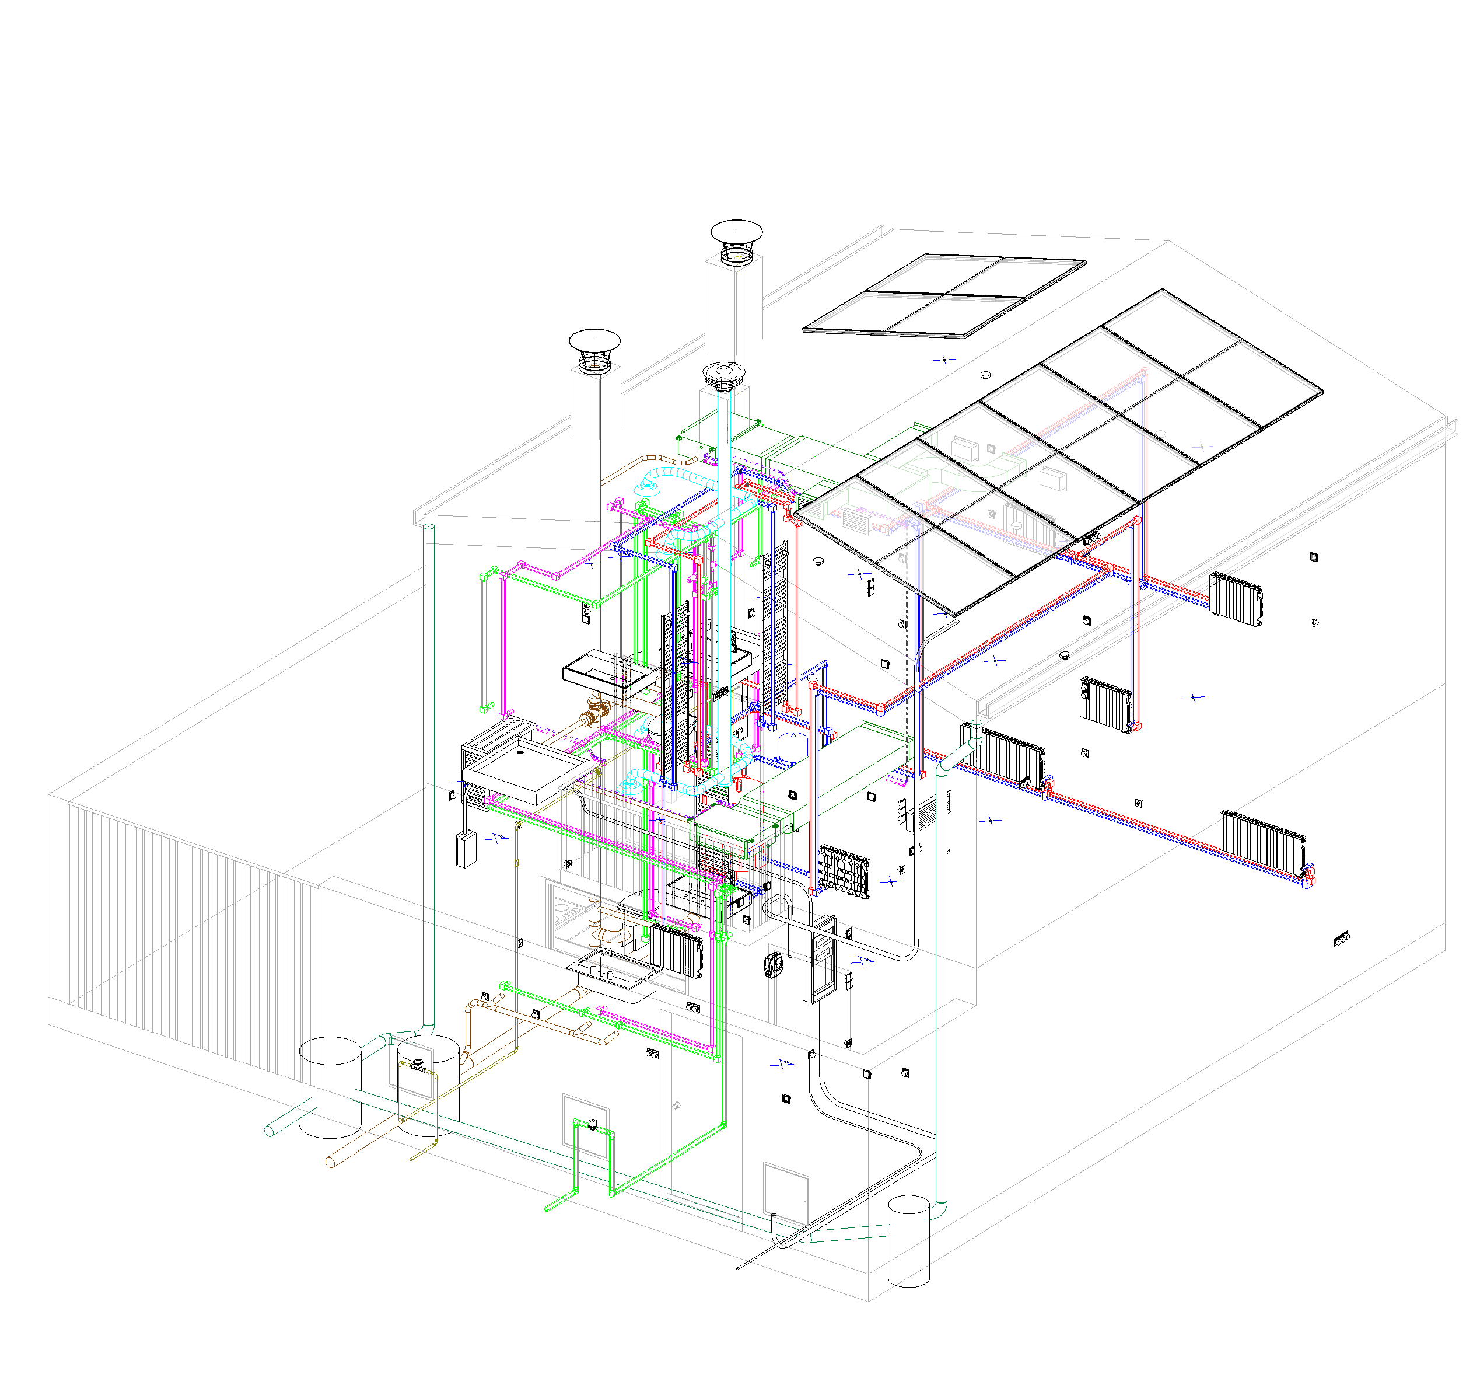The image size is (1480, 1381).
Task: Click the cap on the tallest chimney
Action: [736, 232]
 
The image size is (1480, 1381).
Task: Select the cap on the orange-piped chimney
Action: [594, 343]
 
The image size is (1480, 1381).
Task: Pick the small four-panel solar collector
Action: [944, 295]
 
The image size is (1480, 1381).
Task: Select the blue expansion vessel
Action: [788, 745]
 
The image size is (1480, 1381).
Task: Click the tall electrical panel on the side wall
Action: [822, 960]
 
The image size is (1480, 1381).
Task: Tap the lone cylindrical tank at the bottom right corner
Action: [908, 1240]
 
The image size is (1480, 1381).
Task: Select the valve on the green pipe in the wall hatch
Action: [593, 1124]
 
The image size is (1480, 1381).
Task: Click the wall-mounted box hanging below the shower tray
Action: [466, 850]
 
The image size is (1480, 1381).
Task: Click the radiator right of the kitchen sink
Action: [677, 950]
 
